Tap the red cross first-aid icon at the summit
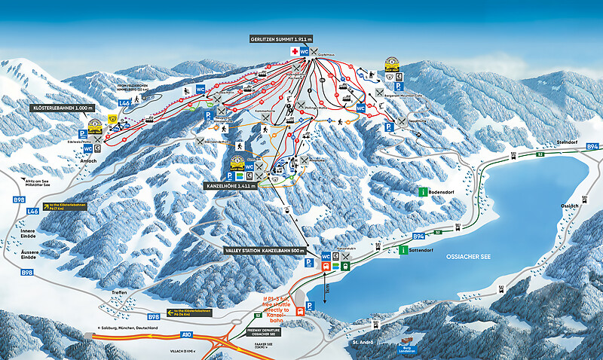[x=295, y=51]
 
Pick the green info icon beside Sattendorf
[x=404, y=250]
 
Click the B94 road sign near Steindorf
[x=592, y=146]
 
